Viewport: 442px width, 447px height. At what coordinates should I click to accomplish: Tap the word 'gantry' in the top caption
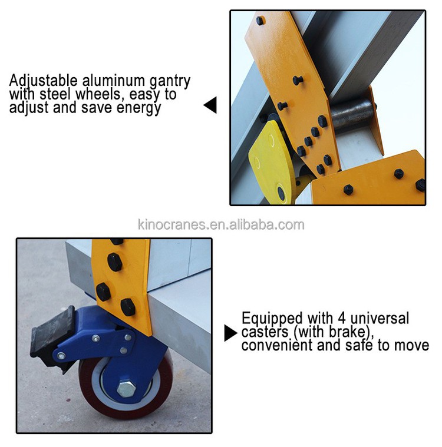(x=169, y=81)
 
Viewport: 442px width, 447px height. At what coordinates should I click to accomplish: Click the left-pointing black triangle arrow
(x=210, y=105)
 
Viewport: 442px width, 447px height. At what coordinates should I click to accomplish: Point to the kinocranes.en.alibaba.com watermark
(x=220, y=224)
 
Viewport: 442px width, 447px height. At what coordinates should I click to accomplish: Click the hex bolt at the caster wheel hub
(x=127, y=388)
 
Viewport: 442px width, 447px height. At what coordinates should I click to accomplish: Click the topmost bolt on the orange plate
(x=260, y=21)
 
